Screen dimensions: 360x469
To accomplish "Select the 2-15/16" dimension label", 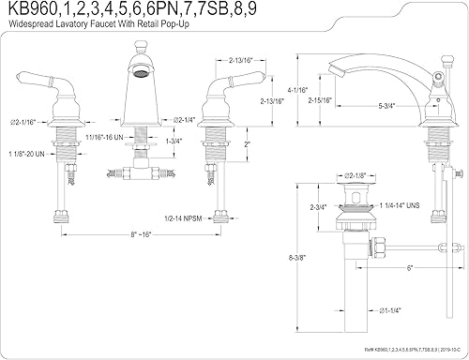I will [x=324, y=98].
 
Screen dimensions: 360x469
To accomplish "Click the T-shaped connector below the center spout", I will [x=137, y=172].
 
